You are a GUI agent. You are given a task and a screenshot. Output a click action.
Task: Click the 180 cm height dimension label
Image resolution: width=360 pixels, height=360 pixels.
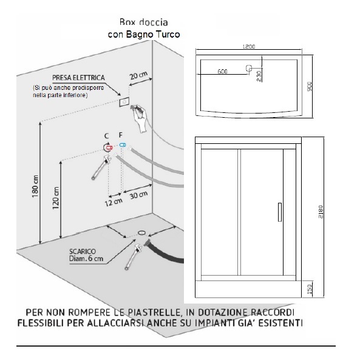35,186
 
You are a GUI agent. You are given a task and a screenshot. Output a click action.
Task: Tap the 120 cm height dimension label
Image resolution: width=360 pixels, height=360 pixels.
56,198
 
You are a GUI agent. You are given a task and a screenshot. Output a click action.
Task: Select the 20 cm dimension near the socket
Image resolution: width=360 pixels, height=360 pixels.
138,75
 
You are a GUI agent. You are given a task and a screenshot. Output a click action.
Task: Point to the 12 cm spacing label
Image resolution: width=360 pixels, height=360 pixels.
114,202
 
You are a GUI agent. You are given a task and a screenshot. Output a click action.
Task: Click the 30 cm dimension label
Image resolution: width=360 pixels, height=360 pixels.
138,195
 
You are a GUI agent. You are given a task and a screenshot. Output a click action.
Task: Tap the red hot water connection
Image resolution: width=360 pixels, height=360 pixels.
109,148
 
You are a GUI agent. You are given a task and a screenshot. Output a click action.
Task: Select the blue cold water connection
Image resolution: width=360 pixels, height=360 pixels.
123,145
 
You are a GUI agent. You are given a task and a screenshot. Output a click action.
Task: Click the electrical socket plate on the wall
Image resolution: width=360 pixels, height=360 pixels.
124,102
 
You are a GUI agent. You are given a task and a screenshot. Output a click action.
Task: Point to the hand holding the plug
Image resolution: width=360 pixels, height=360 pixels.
139,118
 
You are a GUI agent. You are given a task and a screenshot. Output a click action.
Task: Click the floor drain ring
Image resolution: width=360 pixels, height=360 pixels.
142,233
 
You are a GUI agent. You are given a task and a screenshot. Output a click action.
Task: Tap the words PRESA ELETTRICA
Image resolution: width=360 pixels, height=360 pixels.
78,78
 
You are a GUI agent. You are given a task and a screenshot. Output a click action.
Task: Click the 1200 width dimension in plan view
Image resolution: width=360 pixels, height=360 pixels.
249,46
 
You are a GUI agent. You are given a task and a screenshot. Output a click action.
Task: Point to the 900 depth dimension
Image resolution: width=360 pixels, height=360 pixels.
310,86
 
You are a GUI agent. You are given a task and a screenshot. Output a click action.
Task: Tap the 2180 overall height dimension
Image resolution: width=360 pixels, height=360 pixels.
321,212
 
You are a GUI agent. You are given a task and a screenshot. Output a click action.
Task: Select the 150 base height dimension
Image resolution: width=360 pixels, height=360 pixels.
310,289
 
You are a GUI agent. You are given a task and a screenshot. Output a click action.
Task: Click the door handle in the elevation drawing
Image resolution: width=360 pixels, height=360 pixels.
280,212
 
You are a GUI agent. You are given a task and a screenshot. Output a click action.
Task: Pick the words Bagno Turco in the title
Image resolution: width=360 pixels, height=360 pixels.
153,35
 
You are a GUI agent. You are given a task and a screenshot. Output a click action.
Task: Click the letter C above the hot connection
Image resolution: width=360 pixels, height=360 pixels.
106,136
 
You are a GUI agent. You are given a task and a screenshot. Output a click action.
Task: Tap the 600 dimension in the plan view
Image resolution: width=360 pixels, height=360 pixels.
222,72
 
